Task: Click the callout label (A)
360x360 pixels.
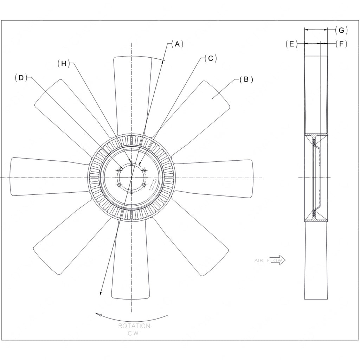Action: tap(178, 44)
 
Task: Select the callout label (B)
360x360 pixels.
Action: tap(246, 79)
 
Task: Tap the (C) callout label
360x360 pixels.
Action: tap(211, 58)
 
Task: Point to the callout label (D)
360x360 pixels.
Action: tap(21, 78)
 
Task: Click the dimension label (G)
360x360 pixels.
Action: tap(341, 30)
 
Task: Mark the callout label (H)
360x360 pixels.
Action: tap(64, 63)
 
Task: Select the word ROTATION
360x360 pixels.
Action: tap(134, 326)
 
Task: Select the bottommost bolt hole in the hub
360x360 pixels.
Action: tap(131, 192)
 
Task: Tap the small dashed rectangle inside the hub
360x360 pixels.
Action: tap(153, 184)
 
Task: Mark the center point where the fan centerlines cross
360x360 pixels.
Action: tap(131, 178)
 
